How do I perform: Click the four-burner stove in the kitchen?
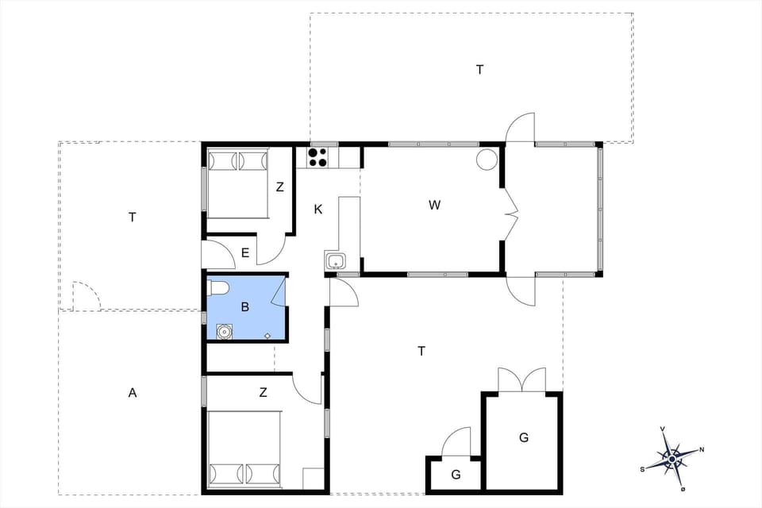point(317,157)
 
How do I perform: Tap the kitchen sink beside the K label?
point(334,261)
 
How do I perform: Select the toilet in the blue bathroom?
point(218,287)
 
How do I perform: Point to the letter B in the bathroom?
point(245,307)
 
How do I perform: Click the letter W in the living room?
point(434,206)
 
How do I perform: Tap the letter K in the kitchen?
point(318,210)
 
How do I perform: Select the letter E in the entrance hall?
point(245,254)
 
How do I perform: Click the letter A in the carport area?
point(133,392)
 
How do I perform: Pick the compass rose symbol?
point(672,458)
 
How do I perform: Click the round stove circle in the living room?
point(487,160)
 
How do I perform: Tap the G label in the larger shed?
point(524,437)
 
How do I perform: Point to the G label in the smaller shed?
point(456,475)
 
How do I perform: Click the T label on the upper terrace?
point(479,70)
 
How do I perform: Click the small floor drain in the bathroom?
point(267,336)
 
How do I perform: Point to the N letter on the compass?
point(702,450)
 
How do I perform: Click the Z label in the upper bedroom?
point(279,188)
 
